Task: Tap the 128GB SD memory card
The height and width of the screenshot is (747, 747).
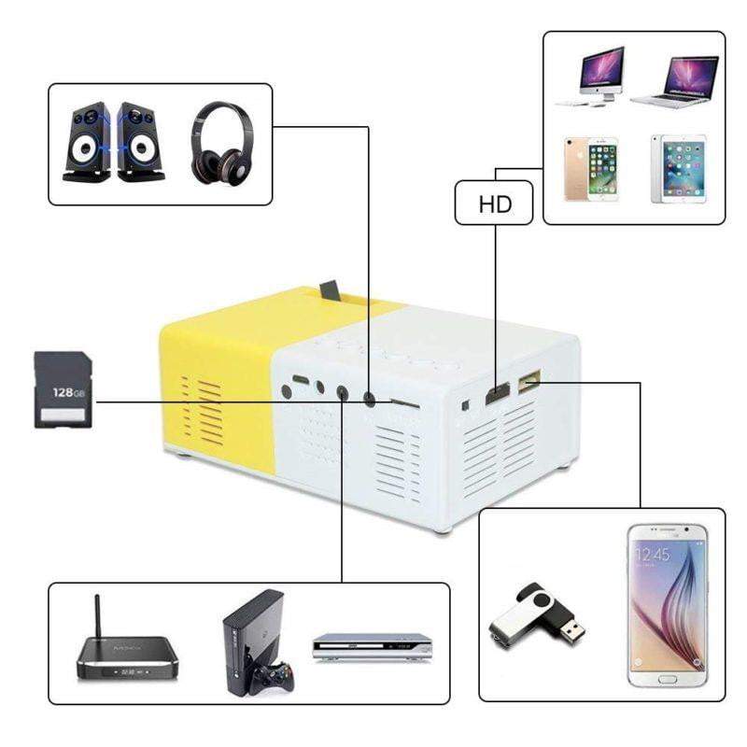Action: click(x=63, y=389)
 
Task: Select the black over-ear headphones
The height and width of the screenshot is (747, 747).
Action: click(x=220, y=142)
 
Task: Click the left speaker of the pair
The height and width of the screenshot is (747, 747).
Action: click(x=87, y=143)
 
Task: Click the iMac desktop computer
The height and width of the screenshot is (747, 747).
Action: click(x=589, y=76)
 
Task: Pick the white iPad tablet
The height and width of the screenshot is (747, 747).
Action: click(x=678, y=169)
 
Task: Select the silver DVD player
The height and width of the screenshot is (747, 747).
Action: click(x=372, y=646)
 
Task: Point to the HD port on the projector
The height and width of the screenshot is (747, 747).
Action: click(x=496, y=393)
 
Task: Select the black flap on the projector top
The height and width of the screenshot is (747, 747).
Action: click(x=329, y=291)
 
